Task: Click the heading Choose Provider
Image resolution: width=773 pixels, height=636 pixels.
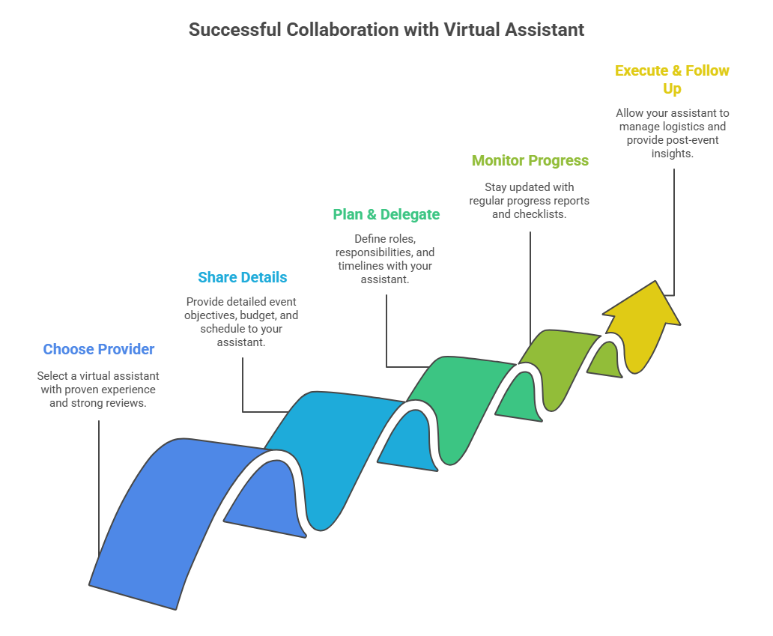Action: point(99,349)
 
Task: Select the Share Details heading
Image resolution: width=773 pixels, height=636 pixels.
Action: point(243,277)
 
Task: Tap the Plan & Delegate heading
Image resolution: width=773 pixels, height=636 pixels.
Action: point(386,214)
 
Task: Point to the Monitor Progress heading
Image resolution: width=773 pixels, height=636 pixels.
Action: point(530,161)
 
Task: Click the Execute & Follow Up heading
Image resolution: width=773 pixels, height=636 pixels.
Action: point(672,79)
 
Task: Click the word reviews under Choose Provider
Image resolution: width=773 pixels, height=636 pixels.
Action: point(130,403)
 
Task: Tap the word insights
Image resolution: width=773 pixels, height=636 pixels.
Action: point(673,154)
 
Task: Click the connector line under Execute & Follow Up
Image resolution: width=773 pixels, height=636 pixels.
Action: point(674,231)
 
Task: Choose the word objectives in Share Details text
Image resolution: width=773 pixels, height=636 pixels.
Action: point(210,315)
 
